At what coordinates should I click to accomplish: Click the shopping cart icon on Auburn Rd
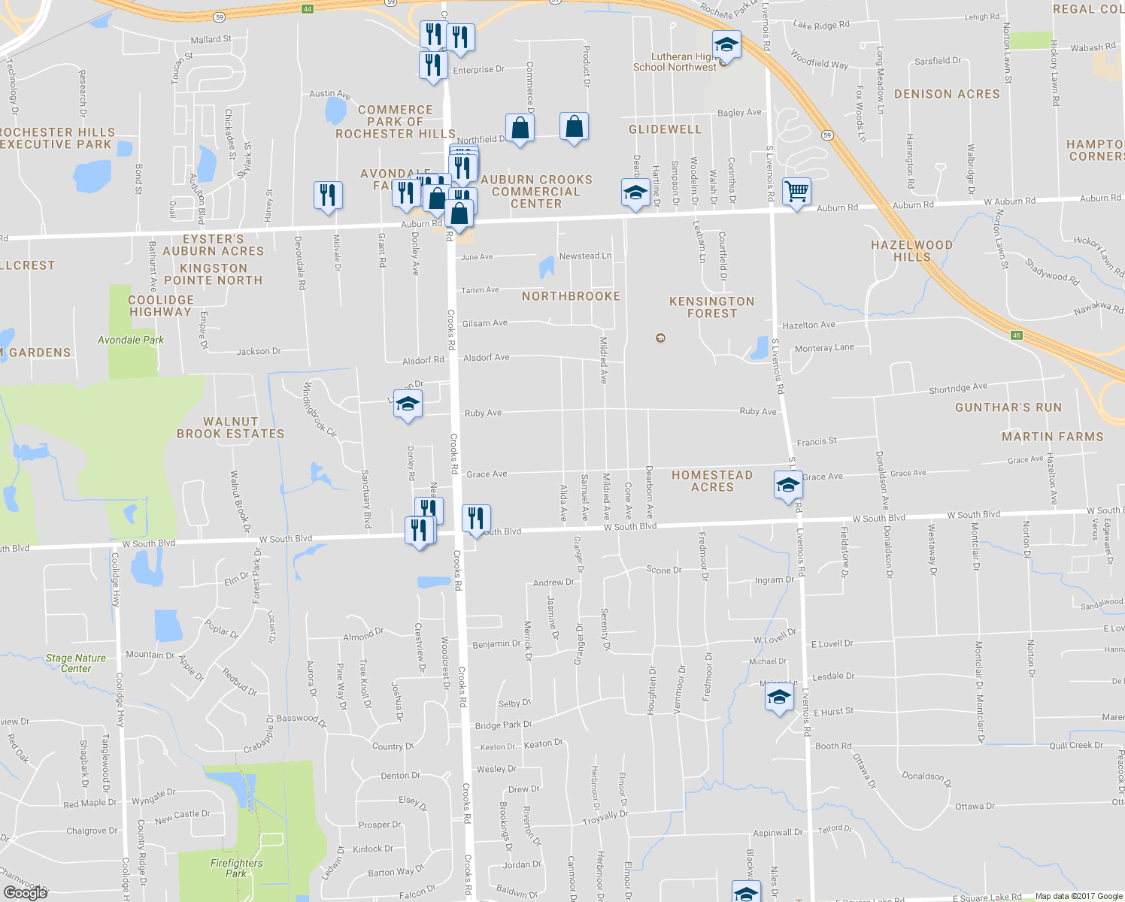point(796,191)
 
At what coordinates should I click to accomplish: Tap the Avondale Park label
point(131,341)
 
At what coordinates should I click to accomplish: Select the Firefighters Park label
point(236,868)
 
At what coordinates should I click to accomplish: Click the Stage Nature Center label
point(75,663)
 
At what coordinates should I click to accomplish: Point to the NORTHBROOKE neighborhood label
point(572,297)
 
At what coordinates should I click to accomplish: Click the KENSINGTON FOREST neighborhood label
point(711,307)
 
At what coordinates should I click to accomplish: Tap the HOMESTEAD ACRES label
point(712,481)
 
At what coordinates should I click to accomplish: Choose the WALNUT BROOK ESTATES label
point(231,428)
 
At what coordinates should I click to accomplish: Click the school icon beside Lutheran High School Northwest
point(726,45)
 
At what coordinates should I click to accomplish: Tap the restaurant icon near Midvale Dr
point(328,195)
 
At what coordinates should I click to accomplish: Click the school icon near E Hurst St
point(779,697)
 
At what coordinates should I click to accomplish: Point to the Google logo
point(26,893)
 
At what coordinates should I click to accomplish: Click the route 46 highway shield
point(1017,335)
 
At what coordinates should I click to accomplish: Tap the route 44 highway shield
point(307,9)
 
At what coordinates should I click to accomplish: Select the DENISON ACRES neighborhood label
point(947,95)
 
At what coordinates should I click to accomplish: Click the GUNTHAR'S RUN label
point(1008,407)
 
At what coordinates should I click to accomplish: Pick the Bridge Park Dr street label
point(503,725)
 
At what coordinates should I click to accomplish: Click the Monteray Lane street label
point(824,348)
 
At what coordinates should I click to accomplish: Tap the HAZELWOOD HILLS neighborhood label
point(911,251)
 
